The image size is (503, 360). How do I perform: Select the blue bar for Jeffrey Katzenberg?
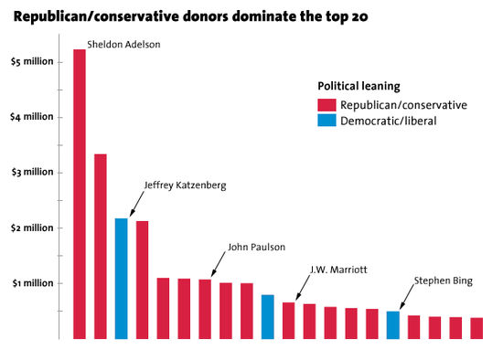[x=121, y=279]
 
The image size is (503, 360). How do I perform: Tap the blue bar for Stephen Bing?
[x=392, y=325]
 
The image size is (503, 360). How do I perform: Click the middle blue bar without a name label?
[x=268, y=316]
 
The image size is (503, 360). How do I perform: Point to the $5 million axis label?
[x=32, y=61]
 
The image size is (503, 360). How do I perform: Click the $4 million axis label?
[x=32, y=117]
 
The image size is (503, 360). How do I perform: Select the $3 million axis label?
[x=32, y=172]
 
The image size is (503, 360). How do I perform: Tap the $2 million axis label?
[x=32, y=228]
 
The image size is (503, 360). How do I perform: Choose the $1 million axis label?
[x=32, y=282]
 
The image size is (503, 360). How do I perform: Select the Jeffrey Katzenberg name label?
[x=185, y=185]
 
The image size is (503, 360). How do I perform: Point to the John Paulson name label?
[x=256, y=247]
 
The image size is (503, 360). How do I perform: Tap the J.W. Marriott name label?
[x=339, y=269]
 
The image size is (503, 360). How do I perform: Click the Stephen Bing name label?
[x=443, y=281]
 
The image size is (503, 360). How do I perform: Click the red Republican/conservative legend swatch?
[x=326, y=105]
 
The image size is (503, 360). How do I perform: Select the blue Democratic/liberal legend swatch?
[x=326, y=121]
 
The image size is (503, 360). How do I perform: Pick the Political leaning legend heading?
[x=358, y=86]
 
